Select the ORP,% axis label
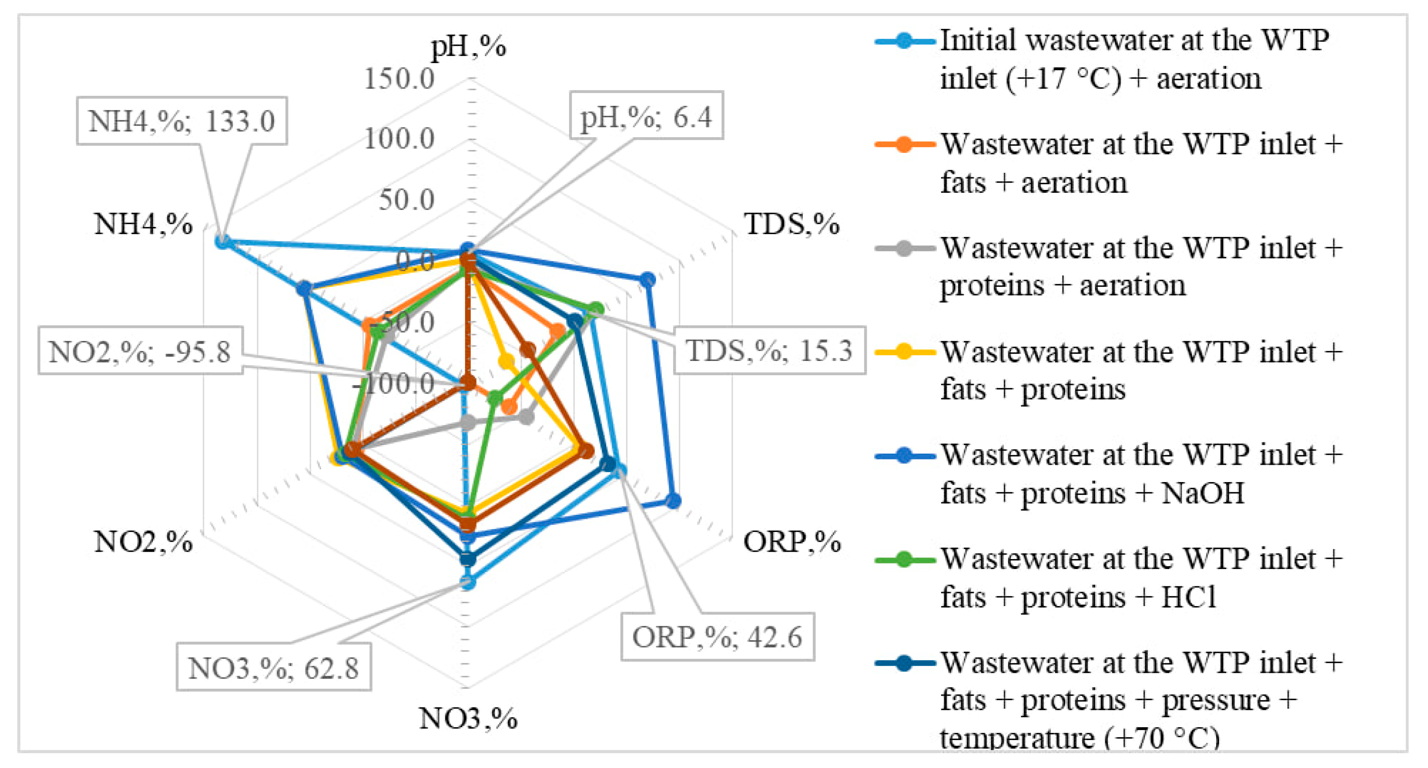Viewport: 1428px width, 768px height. (x=792, y=541)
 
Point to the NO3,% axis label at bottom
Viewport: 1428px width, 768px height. (x=469, y=719)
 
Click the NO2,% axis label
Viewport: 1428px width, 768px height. (x=143, y=541)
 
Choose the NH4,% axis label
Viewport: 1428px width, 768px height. (x=143, y=225)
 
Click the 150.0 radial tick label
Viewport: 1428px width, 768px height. (x=399, y=78)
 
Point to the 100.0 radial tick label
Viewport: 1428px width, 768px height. (x=399, y=138)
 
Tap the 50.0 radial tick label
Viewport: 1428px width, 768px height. (x=406, y=199)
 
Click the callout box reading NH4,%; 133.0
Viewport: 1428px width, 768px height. (x=182, y=121)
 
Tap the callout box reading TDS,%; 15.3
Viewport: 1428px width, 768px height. (x=769, y=350)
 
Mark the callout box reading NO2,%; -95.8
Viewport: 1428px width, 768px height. (x=140, y=351)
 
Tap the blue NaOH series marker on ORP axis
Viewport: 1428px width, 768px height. (x=673, y=501)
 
